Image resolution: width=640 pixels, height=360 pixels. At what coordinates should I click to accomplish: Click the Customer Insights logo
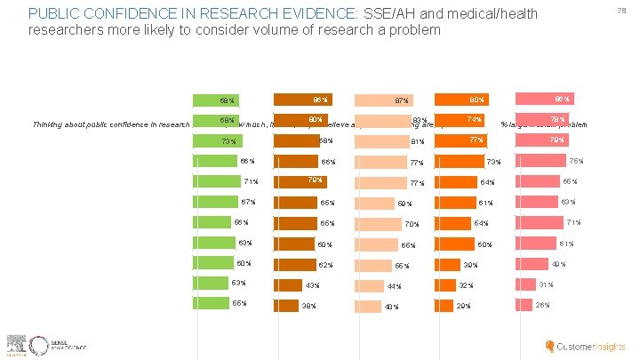(x=586, y=346)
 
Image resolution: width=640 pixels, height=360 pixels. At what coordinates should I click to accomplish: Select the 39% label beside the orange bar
(x=470, y=265)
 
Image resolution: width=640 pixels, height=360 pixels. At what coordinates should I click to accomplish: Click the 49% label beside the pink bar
(x=558, y=264)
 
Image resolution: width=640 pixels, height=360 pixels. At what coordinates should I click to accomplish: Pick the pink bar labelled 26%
(x=523, y=305)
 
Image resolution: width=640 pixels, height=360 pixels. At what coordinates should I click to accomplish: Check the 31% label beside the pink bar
(x=546, y=284)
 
